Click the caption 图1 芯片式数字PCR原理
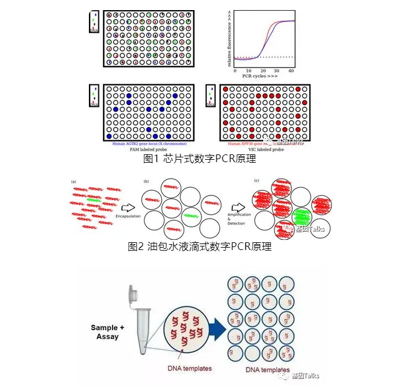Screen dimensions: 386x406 (x=200, y=159)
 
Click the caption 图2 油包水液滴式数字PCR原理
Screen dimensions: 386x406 (x=200, y=246)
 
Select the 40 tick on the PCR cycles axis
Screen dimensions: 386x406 (x=290, y=71)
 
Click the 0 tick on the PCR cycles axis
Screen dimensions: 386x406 (x=235, y=71)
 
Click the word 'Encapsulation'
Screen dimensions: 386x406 (x=128, y=216)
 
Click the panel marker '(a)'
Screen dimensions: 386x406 (x=73, y=181)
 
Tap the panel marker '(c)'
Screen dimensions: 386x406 (x=256, y=181)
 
